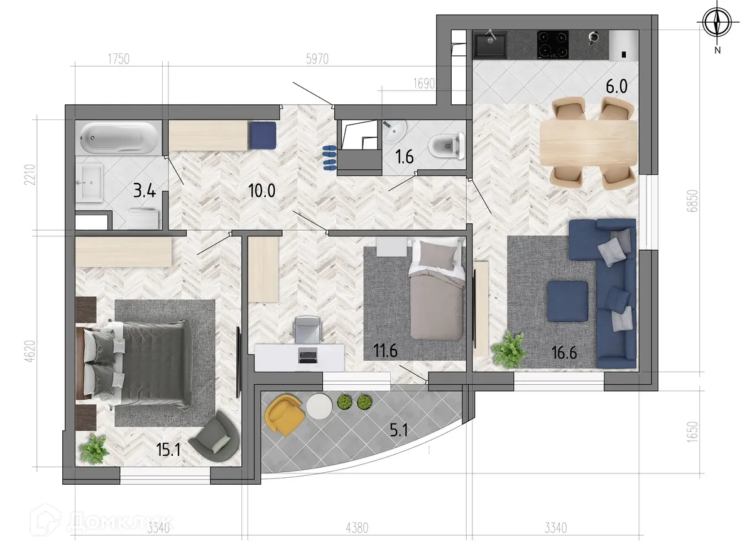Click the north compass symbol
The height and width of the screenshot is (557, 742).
tap(716, 24)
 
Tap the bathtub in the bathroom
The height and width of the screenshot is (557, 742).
tap(120, 138)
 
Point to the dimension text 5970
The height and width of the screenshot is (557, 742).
tap(317, 60)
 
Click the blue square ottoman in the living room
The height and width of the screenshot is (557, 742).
tap(567, 301)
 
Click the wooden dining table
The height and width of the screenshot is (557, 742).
tap(588, 141)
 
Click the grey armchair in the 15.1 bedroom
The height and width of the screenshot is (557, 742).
tap(214, 436)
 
